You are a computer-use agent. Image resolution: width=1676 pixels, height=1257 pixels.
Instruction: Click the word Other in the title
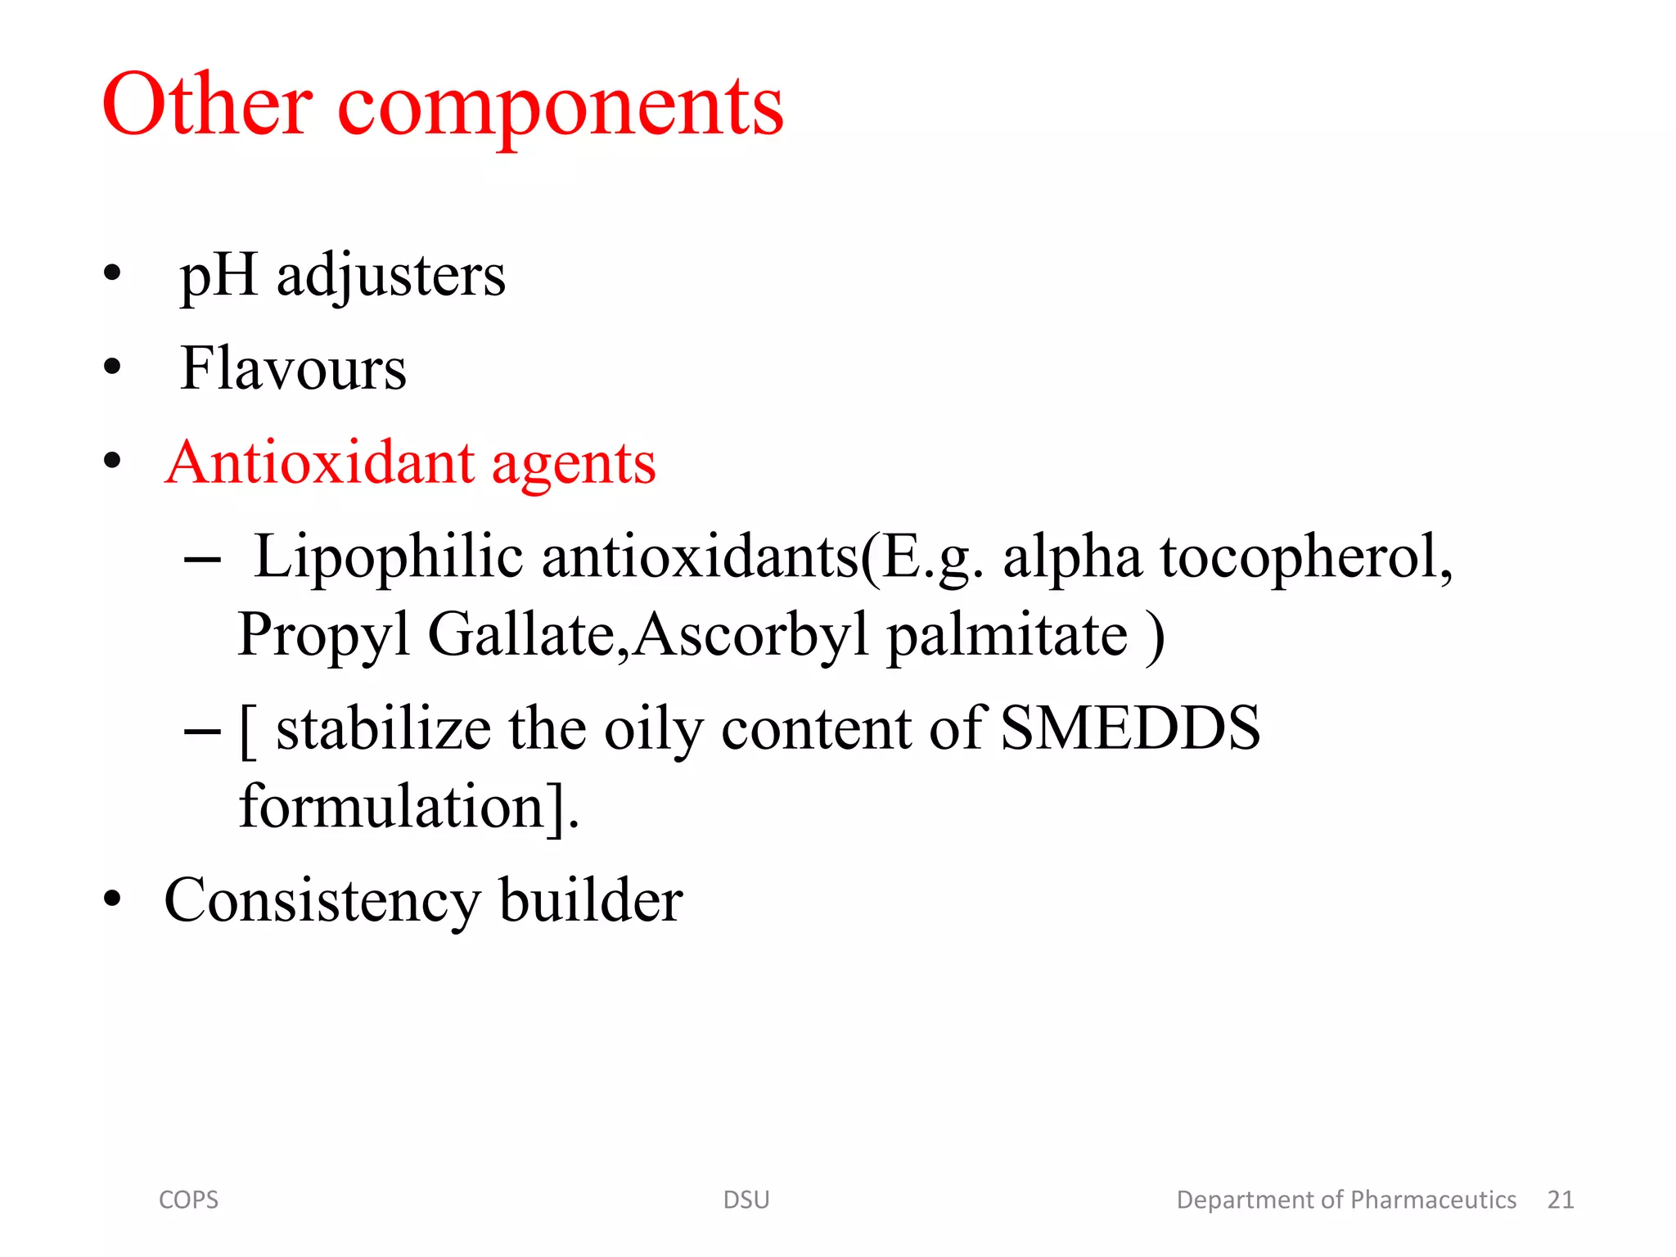(207, 105)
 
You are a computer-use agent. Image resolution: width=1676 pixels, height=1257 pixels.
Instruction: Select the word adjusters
(391, 277)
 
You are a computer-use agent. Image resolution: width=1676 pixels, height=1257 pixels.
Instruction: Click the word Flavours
(293, 368)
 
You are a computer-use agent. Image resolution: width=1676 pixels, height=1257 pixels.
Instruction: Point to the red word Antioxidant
(320, 462)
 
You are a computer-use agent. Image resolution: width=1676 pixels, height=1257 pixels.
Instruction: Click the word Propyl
(323, 637)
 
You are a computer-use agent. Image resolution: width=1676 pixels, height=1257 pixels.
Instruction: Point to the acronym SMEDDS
(1130, 728)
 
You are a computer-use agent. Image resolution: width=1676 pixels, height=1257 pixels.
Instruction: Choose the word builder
(591, 900)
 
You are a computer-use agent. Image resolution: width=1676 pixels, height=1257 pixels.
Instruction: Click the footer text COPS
(188, 1200)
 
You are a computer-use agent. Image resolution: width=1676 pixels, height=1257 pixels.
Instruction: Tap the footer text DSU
(746, 1200)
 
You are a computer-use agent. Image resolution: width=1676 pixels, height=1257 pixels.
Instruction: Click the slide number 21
(1561, 1200)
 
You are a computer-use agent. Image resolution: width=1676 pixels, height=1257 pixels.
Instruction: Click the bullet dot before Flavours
(112, 367)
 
